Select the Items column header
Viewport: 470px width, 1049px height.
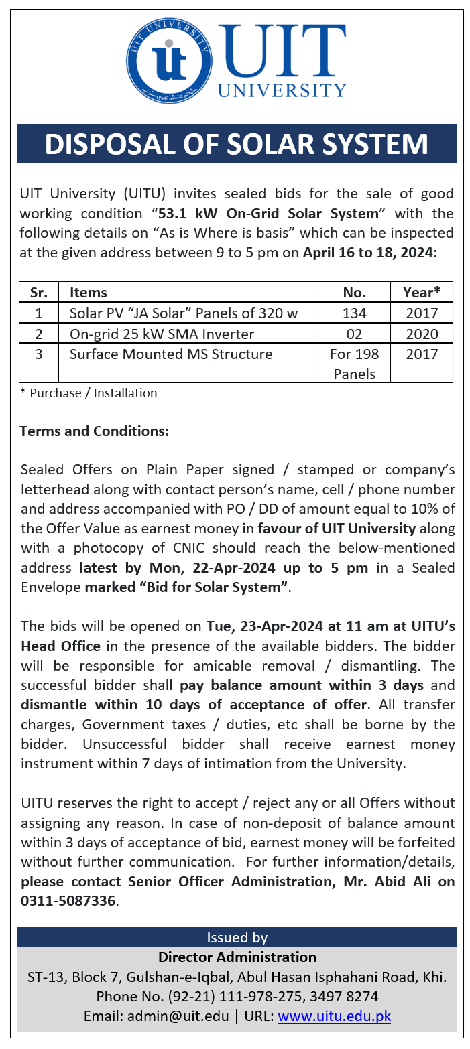coord(89,292)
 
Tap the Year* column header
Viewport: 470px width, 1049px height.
coord(421,292)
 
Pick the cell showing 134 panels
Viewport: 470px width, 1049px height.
coord(354,313)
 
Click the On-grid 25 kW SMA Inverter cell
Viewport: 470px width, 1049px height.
coord(162,334)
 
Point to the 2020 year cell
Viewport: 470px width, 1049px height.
coord(421,334)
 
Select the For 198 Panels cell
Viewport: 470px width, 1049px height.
coord(354,364)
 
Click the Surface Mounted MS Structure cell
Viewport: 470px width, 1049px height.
coord(171,354)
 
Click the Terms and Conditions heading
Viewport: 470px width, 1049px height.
coord(95,431)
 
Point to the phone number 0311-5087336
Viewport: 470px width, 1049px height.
coord(68,901)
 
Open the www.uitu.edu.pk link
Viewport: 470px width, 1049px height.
coord(334,1016)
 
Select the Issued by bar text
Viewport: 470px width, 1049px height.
coord(237,937)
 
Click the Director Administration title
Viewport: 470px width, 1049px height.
coord(237,957)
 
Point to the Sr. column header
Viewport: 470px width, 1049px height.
coord(38,292)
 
